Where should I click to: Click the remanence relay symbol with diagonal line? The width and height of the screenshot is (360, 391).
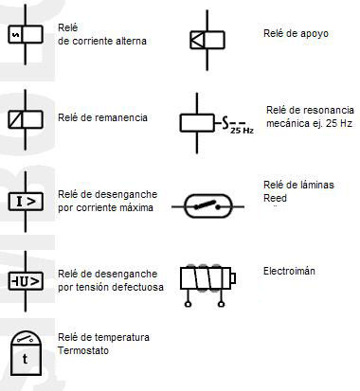[24, 119]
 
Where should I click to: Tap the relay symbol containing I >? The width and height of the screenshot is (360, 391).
[25, 201]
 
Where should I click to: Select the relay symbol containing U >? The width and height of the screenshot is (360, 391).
[25, 281]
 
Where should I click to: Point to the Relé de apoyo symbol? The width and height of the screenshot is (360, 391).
[206, 39]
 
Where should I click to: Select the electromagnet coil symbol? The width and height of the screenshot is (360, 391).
[206, 279]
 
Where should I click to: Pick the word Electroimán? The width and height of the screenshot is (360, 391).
[289, 271]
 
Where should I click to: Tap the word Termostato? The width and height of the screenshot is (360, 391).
[83, 351]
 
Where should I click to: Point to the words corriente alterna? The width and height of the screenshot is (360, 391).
[109, 42]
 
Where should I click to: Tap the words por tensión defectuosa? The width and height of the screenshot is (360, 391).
[110, 286]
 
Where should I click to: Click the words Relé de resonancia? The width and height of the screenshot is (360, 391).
[309, 110]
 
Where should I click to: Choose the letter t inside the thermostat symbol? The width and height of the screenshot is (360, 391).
[25, 360]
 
